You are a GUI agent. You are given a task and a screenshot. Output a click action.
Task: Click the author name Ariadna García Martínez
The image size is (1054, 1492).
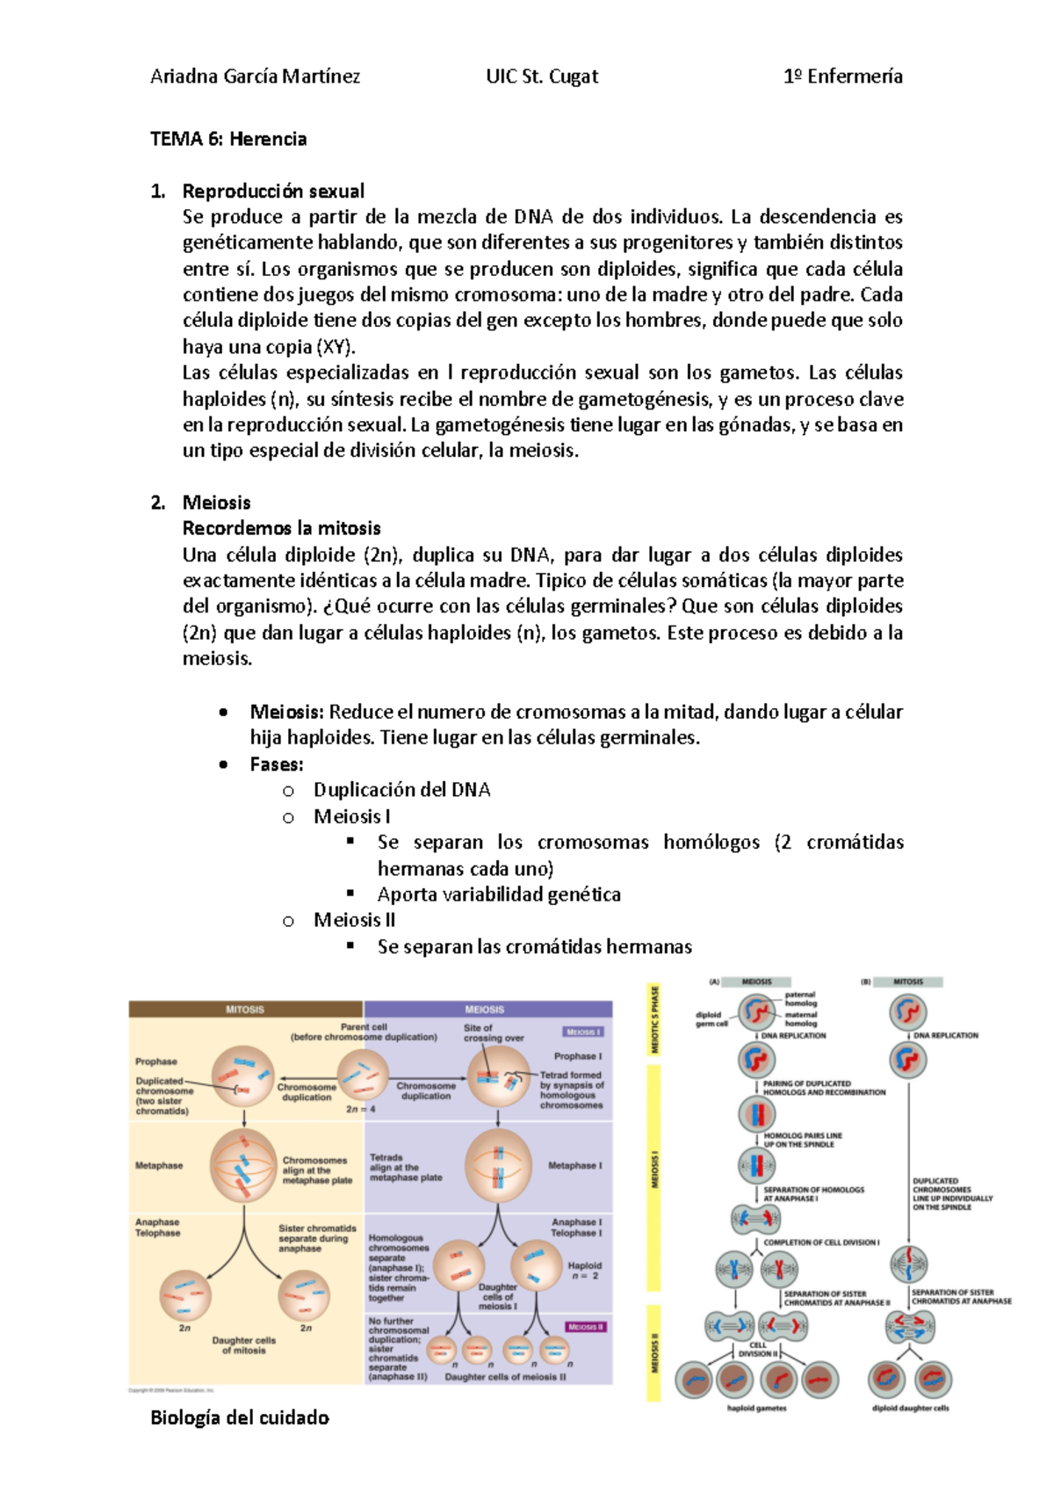[255, 76]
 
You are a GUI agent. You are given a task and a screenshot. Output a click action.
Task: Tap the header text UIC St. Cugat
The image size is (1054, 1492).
[542, 76]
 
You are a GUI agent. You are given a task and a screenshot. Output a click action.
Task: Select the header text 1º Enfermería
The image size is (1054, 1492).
[842, 76]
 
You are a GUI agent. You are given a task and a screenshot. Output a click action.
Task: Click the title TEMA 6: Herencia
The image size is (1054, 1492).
[228, 139]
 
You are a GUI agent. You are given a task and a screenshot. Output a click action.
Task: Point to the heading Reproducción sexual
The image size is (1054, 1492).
[273, 191]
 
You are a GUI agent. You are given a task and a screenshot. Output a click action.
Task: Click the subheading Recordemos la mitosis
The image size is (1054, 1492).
[281, 528]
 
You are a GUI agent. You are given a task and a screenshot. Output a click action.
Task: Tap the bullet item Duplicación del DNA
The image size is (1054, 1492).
[401, 790]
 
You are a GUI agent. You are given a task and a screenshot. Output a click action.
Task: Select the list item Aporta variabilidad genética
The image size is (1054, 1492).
[499, 894]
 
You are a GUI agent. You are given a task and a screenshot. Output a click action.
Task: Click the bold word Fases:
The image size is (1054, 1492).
[277, 764]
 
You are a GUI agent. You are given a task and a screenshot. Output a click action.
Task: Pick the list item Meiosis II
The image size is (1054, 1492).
[354, 920]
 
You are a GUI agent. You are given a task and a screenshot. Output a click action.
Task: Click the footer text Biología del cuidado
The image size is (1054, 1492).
[240, 1417]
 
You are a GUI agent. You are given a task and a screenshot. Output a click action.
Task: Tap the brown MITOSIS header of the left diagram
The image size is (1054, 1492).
[245, 1010]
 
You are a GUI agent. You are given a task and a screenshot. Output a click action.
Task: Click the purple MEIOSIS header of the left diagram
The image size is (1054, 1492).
[485, 1010]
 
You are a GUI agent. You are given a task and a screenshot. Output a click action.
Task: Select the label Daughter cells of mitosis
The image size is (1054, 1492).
[243, 1345]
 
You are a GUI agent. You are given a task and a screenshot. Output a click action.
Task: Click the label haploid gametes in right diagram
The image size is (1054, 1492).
[757, 1408]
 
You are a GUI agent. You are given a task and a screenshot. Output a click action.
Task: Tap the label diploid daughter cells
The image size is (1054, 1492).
[910, 1408]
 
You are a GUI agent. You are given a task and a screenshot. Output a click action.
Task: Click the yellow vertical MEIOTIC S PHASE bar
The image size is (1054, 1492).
[653, 1019]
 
